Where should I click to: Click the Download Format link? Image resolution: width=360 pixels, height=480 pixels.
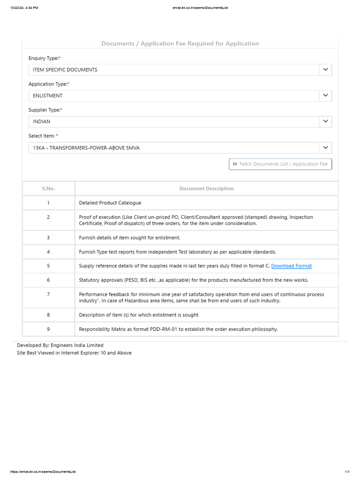291,266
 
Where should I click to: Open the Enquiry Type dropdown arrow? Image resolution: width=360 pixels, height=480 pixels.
325,70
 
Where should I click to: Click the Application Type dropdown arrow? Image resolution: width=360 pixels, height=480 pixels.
325,96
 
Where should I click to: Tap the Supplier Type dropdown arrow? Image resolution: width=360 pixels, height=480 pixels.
325,121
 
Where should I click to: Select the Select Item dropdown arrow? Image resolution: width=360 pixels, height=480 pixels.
325,148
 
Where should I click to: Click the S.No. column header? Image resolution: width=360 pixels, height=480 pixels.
48,188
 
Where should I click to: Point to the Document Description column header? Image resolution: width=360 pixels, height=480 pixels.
206,188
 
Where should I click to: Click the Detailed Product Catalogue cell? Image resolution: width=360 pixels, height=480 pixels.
110,203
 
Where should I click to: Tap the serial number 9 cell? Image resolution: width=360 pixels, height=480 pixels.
48,329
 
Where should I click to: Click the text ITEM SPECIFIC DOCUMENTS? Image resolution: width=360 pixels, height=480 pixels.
65,70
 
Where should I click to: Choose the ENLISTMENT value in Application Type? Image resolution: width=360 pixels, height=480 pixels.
47,96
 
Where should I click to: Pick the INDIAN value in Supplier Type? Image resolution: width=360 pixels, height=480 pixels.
41,121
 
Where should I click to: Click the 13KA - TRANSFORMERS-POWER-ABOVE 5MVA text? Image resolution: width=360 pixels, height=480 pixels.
86,148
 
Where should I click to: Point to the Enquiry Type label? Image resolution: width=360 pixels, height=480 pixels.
44,58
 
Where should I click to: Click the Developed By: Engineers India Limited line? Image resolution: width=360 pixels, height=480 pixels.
60,345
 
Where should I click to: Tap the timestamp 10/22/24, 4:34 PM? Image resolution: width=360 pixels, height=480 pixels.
24,8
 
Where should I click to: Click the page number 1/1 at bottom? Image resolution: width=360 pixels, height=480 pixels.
347,472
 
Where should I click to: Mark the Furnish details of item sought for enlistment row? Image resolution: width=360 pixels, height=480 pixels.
129,238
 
